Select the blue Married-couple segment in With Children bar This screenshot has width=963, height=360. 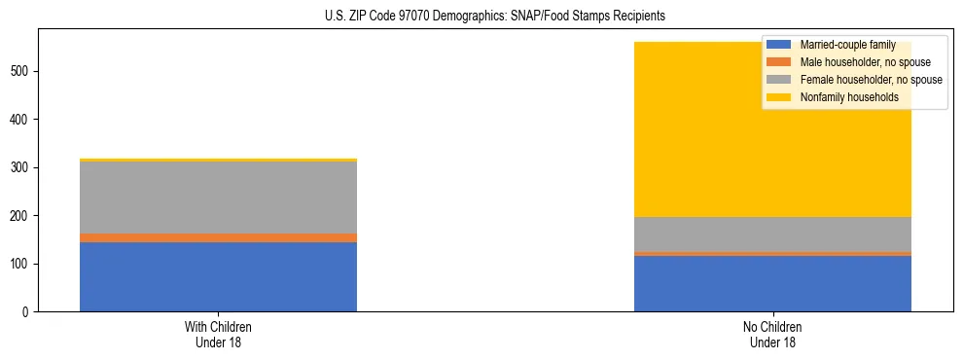click(218, 277)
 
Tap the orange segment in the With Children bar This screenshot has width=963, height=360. click(218, 237)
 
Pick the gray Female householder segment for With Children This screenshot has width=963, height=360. click(218, 198)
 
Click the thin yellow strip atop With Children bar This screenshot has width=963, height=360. click(218, 160)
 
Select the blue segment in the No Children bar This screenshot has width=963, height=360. click(772, 284)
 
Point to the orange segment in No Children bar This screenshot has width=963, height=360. click(772, 254)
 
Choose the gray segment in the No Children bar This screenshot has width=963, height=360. click(772, 234)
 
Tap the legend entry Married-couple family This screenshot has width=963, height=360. click(846, 45)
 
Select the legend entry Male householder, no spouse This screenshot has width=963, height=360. click(865, 62)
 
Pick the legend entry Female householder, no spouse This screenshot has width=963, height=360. click(870, 80)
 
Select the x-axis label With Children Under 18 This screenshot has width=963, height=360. click(218, 335)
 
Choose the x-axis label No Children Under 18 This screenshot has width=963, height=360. click(772, 335)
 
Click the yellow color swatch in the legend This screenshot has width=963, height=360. click(778, 97)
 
